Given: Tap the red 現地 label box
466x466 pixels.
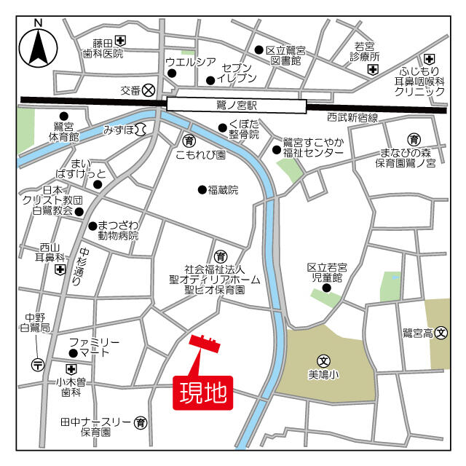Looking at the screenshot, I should pyautogui.click(x=203, y=393).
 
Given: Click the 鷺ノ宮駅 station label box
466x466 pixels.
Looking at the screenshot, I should pyautogui.click(x=237, y=105).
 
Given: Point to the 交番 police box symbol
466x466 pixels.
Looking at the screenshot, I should pyautogui.click(x=149, y=90).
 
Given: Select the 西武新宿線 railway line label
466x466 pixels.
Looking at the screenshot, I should pyautogui.click(x=352, y=117).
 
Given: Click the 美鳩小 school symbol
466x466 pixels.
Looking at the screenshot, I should pyautogui.click(x=324, y=360).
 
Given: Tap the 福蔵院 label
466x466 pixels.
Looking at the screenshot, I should pyautogui.click(x=223, y=190).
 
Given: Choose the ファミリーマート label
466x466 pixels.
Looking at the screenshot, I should pyautogui.click(x=94, y=347).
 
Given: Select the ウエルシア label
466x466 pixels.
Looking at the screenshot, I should pyautogui.click(x=191, y=62).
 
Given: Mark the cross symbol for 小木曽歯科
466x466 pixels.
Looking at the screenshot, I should pyautogui.click(x=71, y=369).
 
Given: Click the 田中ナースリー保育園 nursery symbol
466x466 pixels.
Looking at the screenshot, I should pyautogui.click(x=141, y=422).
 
